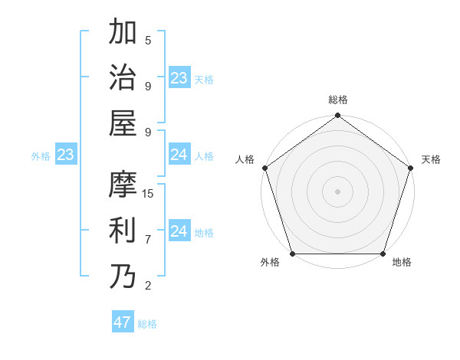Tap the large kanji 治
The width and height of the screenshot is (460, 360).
coord(122,77)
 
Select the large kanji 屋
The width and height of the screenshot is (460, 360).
coord(122,123)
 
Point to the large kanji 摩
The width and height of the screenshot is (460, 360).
coord(122,185)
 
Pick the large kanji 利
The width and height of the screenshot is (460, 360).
coord(122,230)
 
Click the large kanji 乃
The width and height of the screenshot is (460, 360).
coord(122,277)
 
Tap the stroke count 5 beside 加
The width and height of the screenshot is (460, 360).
coord(148,41)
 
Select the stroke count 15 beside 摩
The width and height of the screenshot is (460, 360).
coord(148,194)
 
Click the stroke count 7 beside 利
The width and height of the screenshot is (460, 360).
coord(148,240)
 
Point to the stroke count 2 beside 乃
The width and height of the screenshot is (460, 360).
coord(148,286)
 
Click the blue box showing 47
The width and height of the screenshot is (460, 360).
coord(123,322)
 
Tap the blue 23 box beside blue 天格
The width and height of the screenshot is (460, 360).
coord(179,78)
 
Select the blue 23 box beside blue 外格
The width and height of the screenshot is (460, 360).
coord(65,155)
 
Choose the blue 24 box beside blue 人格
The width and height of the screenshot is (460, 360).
coord(179,155)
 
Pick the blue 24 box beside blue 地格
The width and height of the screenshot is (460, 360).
coord(179,231)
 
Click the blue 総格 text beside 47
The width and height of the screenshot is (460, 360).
coord(148,324)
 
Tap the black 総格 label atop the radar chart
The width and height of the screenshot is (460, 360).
coord(338,100)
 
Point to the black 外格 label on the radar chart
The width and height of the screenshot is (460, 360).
coord(270,263)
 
